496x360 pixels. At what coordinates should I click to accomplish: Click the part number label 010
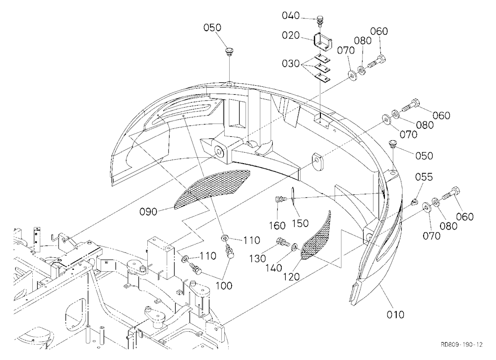[x=395, y=314]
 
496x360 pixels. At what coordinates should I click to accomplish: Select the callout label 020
[x=291, y=35]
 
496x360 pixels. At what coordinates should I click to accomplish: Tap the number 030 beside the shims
[x=291, y=63]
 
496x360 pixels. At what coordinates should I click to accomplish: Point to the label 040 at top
[x=291, y=15]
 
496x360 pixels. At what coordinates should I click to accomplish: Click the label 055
[x=424, y=177]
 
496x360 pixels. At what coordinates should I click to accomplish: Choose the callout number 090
[x=148, y=211]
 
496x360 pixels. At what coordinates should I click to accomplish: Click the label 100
[x=224, y=286]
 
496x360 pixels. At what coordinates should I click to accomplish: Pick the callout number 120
[x=291, y=277]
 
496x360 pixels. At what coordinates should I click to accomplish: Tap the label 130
[x=257, y=259]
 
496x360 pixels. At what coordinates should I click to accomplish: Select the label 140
[x=273, y=268]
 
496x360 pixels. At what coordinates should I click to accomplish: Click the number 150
[x=300, y=223]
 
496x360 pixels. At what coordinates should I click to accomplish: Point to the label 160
[x=277, y=226]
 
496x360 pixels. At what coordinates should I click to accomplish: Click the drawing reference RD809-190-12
[x=462, y=345]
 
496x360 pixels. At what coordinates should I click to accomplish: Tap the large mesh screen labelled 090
[x=212, y=189]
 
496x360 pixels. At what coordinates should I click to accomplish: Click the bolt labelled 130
[x=283, y=242]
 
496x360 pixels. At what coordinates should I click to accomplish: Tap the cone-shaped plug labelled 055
[x=415, y=201]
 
